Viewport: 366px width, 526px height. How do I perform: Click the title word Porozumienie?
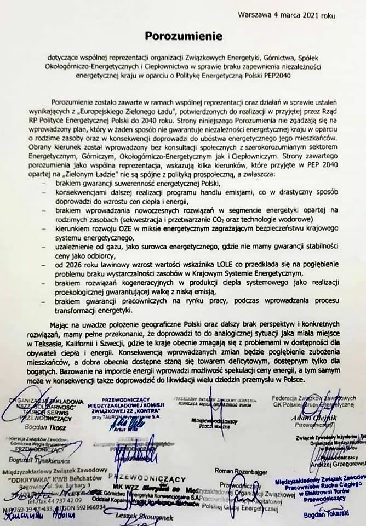[184, 36]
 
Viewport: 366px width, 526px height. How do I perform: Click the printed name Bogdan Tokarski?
[314, 516]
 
